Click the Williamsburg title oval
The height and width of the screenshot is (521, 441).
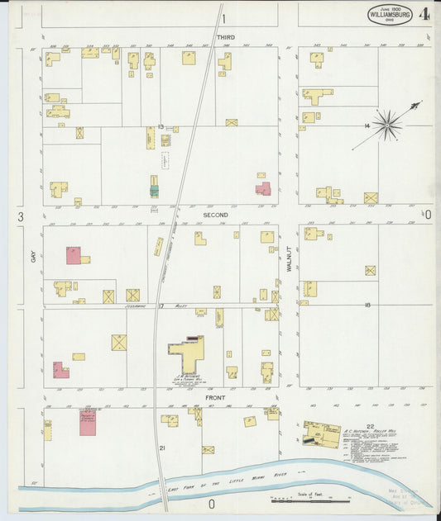click(390, 15)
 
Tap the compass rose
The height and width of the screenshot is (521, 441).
click(386, 126)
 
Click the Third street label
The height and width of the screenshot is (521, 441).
click(225, 38)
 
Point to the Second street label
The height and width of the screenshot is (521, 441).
click(216, 215)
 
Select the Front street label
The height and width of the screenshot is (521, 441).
click(216, 397)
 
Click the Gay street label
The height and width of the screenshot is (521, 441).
click(34, 258)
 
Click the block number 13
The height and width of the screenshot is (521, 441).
click(161, 126)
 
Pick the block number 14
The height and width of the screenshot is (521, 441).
click(366, 126)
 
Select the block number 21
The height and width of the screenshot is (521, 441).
click(162, 448)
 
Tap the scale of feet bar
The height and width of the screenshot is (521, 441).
click(310, 500)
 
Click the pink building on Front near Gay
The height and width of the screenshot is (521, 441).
click(87, 420)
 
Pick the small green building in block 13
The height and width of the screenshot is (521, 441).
click(154, 190)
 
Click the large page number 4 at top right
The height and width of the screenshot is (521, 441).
click(424, 15)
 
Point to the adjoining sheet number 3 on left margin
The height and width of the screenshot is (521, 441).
click(18, 216)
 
